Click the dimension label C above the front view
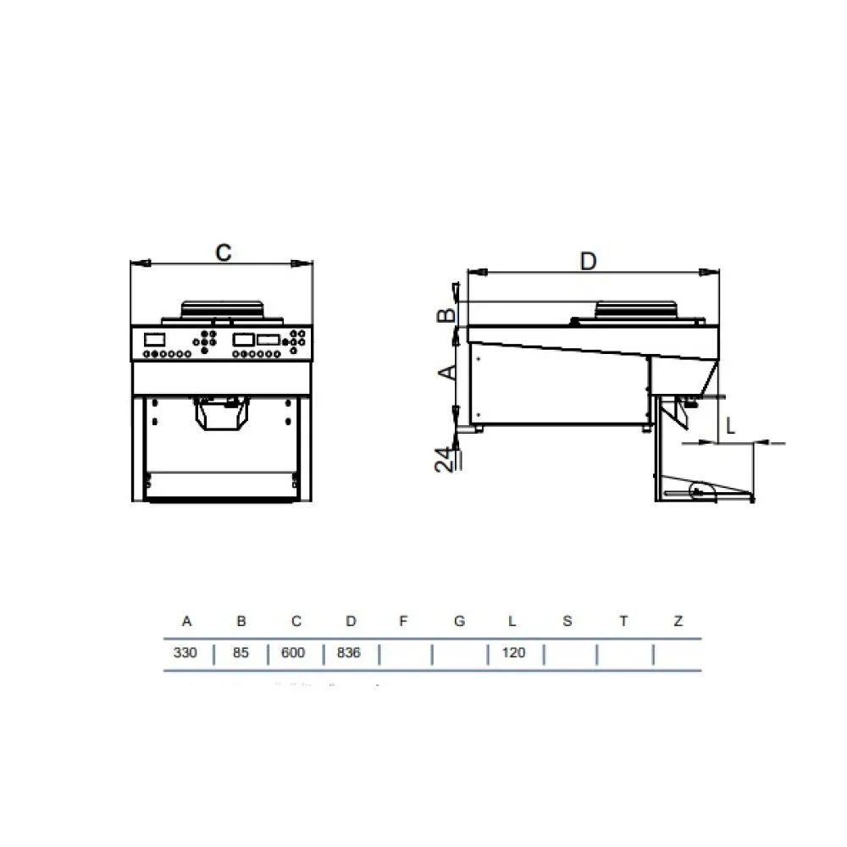click(222, 252)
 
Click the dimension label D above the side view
click(589, 261)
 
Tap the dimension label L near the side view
click(730, 426)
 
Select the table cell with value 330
click(186, 653)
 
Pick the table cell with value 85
click(241, 653)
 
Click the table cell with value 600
click(296, 653)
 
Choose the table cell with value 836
click(350, 653)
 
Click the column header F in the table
click(404, 622)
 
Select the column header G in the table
click(459, 622)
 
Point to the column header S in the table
click(567, 622)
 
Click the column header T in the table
click(623, 622)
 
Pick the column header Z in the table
click(678, 622)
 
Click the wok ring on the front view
click(222, 309)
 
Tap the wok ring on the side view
click(637, 310)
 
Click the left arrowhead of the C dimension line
click(138, 263)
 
